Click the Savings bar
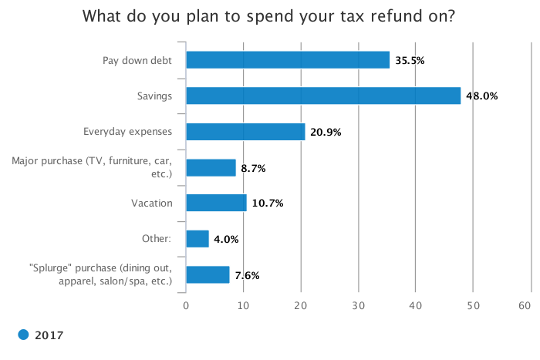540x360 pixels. (323, 96)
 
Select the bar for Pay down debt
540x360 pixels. (288, 60)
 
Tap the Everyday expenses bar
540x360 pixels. (245, 132)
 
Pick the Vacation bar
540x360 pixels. (216, 203)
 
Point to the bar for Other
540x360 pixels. (197, 239)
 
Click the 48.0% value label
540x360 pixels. (482, 96)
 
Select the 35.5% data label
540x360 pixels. (410, 61)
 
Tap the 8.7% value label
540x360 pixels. (253, 168)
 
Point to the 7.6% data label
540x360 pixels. (247, 275)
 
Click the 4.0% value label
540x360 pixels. (226, 239)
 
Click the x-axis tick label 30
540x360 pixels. (358, 305)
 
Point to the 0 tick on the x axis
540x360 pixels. (186, 305)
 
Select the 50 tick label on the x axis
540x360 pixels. (473, 305)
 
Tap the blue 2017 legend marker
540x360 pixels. (23, 335)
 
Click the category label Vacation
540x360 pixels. (151, 203)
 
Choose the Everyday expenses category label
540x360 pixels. (127, 132)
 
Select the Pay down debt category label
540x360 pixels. (137, 61)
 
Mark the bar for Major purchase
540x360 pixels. (211, 167)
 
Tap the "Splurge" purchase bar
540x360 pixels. (208, 274)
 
